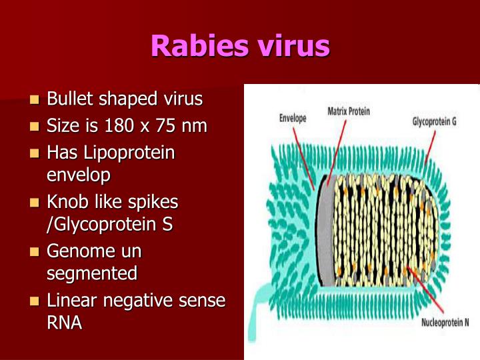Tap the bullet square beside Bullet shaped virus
35,101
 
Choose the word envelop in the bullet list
78,175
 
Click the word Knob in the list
69,201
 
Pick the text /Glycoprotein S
110,225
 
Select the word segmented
92,273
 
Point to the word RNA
65,323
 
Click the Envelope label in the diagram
292,119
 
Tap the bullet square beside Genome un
35,253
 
